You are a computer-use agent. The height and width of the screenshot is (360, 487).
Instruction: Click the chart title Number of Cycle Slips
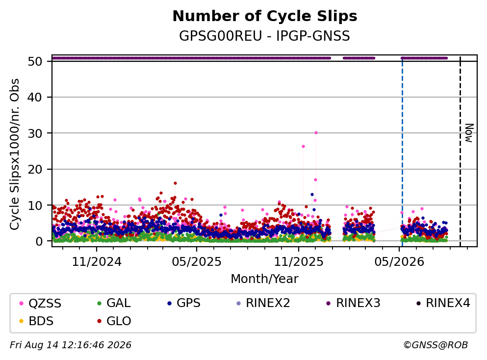[x=265, y=16]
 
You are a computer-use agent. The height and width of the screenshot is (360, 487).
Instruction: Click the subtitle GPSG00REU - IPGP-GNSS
[x=265, y=36]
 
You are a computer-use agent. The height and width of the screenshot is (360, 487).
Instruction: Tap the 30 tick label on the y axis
[x=35, y=133]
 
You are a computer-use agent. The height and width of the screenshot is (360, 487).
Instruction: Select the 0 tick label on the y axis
[x=39, y=241]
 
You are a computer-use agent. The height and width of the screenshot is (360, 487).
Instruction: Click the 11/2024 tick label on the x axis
[x=97, y=262]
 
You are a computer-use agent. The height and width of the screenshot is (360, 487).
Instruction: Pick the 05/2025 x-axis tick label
[x=197, y=262]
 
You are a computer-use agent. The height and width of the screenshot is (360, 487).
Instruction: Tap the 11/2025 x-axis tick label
[x=299, y=262]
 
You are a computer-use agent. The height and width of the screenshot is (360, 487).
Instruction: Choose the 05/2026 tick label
[x=399, y=262]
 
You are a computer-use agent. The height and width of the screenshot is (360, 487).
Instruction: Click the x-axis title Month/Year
[x=265, y=279]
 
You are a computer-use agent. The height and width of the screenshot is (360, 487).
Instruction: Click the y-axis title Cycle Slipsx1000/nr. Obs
[x=14, y=154]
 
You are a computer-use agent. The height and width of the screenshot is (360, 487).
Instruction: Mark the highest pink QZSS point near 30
[x=316, y=132]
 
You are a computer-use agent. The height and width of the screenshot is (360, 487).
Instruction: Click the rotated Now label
[x=469, y=133]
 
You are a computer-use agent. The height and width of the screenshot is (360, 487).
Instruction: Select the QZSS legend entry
[x=40, y=303]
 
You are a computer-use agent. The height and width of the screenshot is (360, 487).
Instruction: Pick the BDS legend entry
[x=36, y=321]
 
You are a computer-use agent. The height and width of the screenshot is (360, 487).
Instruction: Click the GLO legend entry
[x=114, y=321]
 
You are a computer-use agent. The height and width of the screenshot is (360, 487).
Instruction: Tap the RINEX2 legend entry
[x=263, y=303]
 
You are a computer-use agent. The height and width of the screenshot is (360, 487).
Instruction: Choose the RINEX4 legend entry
[x=443, y=303]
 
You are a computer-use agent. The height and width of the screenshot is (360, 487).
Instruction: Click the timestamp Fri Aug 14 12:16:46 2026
[x=71, y=345]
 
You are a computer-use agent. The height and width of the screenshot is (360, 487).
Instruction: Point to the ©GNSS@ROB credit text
[x=436, y=345]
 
